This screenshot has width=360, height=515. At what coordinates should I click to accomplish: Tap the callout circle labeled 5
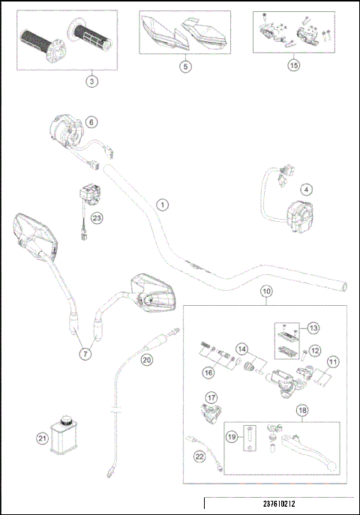(x=186, y=66)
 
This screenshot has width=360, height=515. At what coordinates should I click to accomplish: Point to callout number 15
(x=294, y=65)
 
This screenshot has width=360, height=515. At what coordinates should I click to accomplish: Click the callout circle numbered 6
(x=91, y=121)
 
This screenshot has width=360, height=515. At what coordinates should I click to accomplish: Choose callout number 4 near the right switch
(x=307, y=189)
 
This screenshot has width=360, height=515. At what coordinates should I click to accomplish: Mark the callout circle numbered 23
(x=96, y=218)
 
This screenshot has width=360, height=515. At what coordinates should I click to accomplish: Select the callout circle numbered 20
(x=147, y=360)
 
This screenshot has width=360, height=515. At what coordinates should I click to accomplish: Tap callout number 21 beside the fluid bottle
(x=42, y=439)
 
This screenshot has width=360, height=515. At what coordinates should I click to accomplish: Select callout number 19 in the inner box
(x=231, y=436)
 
